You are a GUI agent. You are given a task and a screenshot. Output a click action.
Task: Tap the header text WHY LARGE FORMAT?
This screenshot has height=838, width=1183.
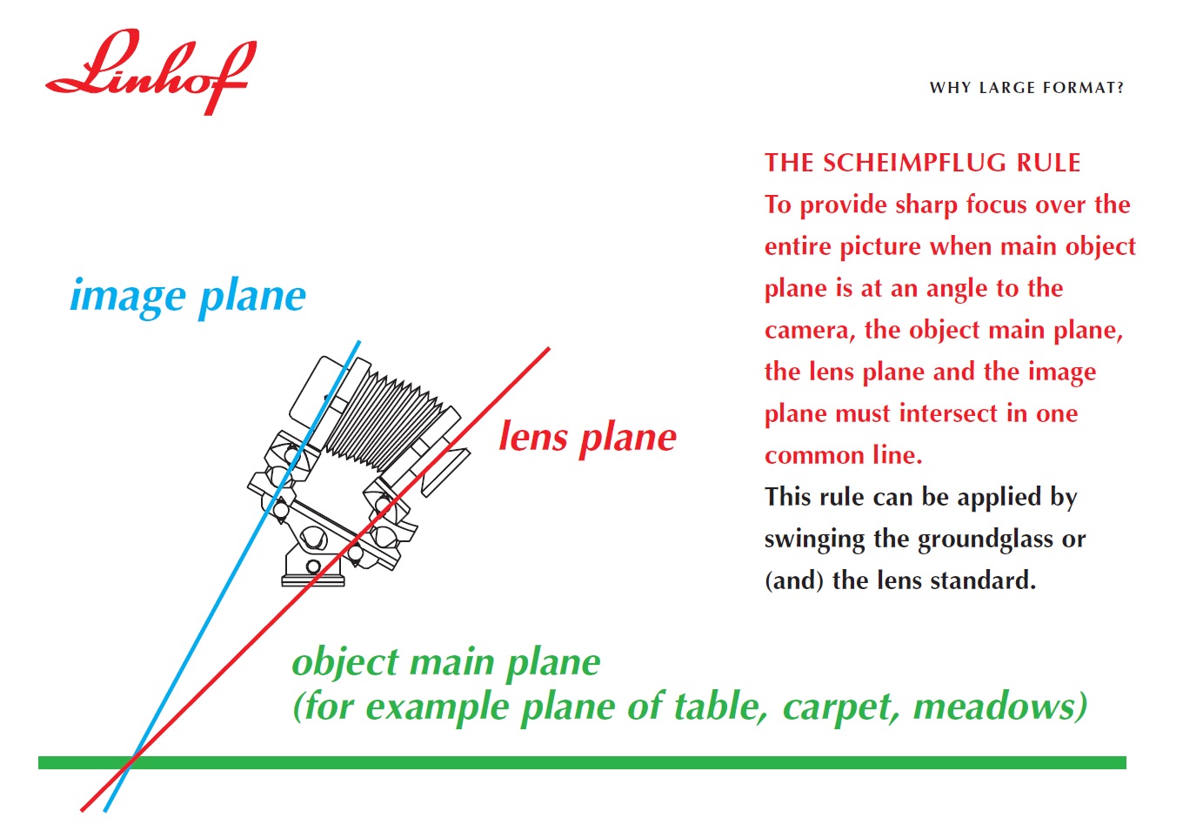[x=1026, y=88]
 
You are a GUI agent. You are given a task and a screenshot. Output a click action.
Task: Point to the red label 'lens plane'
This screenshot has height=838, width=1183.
[x=588, y=438]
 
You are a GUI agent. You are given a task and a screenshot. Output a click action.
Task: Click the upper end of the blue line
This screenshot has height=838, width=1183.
[x=359, y=341]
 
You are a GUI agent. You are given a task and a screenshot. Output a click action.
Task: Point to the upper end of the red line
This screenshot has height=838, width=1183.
[x=549, y=348]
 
